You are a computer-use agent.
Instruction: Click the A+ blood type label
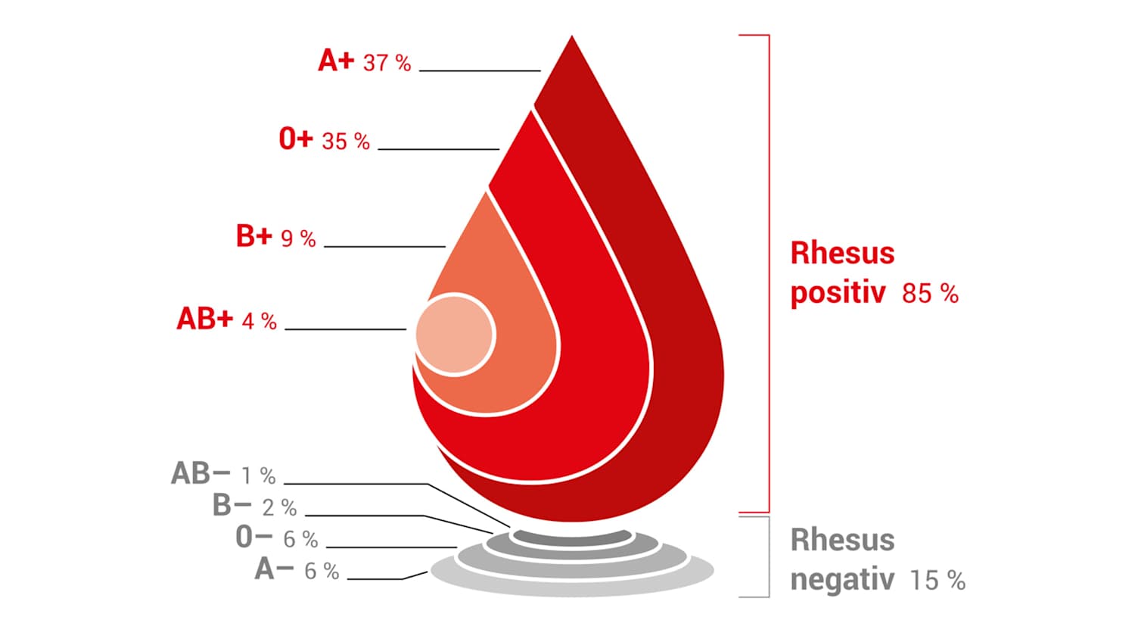(336, 61)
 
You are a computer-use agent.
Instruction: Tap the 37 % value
(387, 63)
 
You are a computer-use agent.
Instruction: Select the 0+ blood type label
(297, 139)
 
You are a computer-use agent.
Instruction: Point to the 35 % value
(346, 141)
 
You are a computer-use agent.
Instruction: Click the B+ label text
(254, 235)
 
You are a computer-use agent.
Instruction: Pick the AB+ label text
(205, 319)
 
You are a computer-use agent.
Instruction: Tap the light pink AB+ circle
(455, 335)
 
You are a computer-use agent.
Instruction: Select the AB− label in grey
(201, 474)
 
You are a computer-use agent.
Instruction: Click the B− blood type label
(232, 505)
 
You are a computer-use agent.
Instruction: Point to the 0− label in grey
(254, 537)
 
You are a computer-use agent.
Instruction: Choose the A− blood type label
(274, 569)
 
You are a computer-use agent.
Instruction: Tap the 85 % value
(930, 294)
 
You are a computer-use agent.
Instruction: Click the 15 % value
(938, 581)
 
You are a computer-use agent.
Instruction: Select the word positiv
(838, 293)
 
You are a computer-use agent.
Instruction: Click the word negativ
(842, 580)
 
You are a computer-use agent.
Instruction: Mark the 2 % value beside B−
(279, 508)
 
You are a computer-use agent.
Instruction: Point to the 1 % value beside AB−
(259, 475)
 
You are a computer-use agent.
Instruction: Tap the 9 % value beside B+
(298, 238)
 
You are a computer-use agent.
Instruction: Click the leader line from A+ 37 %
(480, 71)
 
